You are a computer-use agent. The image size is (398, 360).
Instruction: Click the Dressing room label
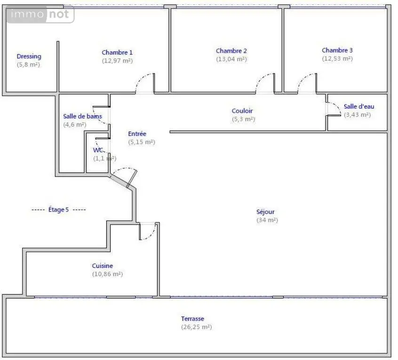point(29,56)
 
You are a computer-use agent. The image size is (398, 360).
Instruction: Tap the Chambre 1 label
point(117,53)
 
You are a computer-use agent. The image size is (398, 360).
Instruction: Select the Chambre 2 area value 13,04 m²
point(231,59)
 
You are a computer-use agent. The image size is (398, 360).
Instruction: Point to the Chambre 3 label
point(337,50)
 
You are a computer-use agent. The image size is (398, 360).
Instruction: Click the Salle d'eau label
point(359,107)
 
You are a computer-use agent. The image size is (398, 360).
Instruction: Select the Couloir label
point(242,111)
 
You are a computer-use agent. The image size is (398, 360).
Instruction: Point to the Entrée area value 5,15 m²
point(142,142)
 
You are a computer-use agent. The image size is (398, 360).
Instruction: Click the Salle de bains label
point(82,117)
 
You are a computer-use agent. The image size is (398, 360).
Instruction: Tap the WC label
point(98,150)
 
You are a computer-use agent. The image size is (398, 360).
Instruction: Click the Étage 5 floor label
point(58,210)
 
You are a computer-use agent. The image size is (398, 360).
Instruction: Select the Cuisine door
point(148,231)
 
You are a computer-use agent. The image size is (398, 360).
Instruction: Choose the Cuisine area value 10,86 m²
point(107,274)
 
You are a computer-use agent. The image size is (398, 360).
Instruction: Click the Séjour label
point(265,212)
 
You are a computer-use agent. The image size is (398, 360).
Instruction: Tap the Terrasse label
point(192,319)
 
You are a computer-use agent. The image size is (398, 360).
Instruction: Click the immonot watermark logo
point(40,14)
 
